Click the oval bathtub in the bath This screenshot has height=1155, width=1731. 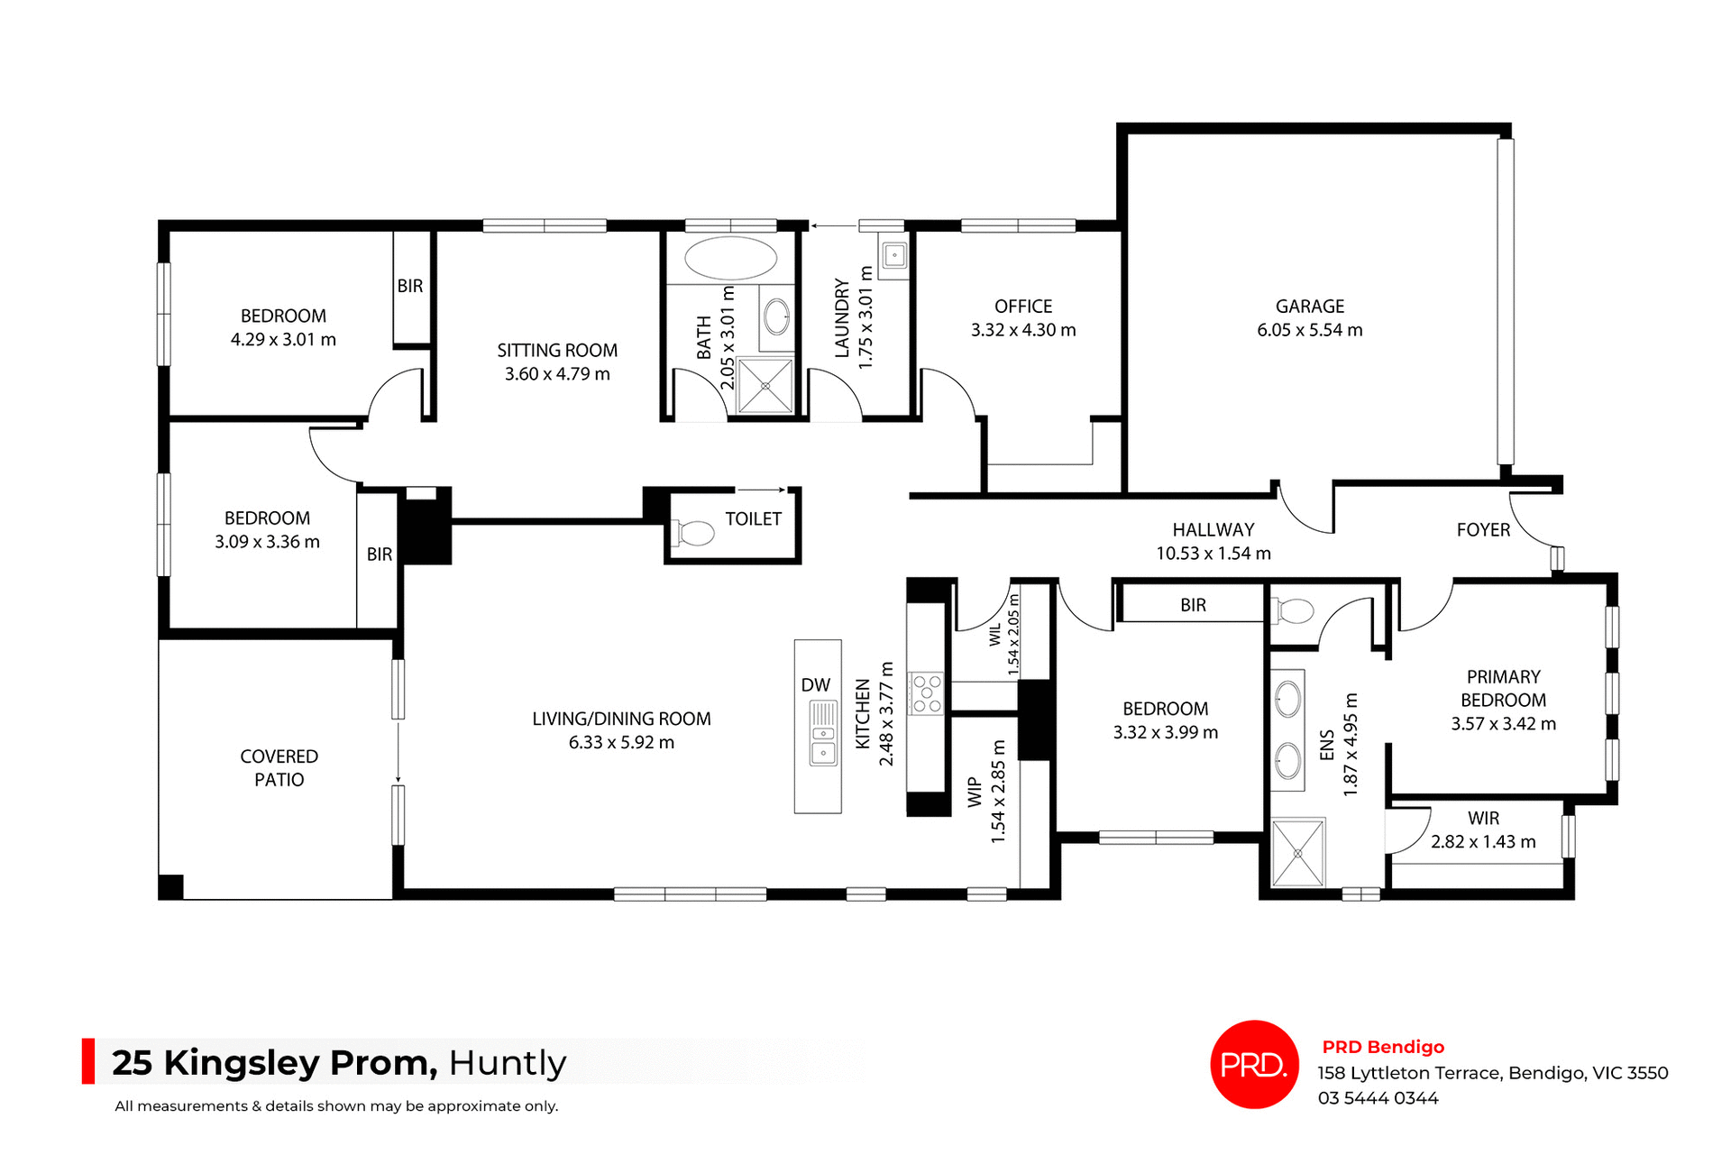point(730,259)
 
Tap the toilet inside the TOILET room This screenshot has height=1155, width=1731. point(694,533)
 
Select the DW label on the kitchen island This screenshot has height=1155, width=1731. point(815,685)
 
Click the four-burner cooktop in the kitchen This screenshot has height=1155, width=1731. point(926,693)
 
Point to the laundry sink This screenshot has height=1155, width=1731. point(893,256)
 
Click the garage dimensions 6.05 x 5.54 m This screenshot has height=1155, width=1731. point(1309,331)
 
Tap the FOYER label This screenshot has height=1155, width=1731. point(1482,530)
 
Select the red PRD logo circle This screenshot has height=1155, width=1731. point(1253,1064)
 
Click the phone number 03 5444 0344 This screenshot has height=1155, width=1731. point(1378,1098)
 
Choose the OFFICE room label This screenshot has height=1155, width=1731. point(1022,307)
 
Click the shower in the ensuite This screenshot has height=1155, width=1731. point(1298,852)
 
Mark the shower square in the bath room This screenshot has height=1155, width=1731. point(765,386)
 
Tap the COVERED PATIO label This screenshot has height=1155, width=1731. point(279,768)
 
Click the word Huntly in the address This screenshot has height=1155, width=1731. point(508,1063)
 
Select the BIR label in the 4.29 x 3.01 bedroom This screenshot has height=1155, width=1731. point(410,286)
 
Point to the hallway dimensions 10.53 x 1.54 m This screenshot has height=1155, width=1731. point(1213,554)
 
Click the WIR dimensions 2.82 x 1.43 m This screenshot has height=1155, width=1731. point(1482,842)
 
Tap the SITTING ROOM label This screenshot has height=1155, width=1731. point(557,351)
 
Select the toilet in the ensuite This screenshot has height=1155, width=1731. point(1293,612)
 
